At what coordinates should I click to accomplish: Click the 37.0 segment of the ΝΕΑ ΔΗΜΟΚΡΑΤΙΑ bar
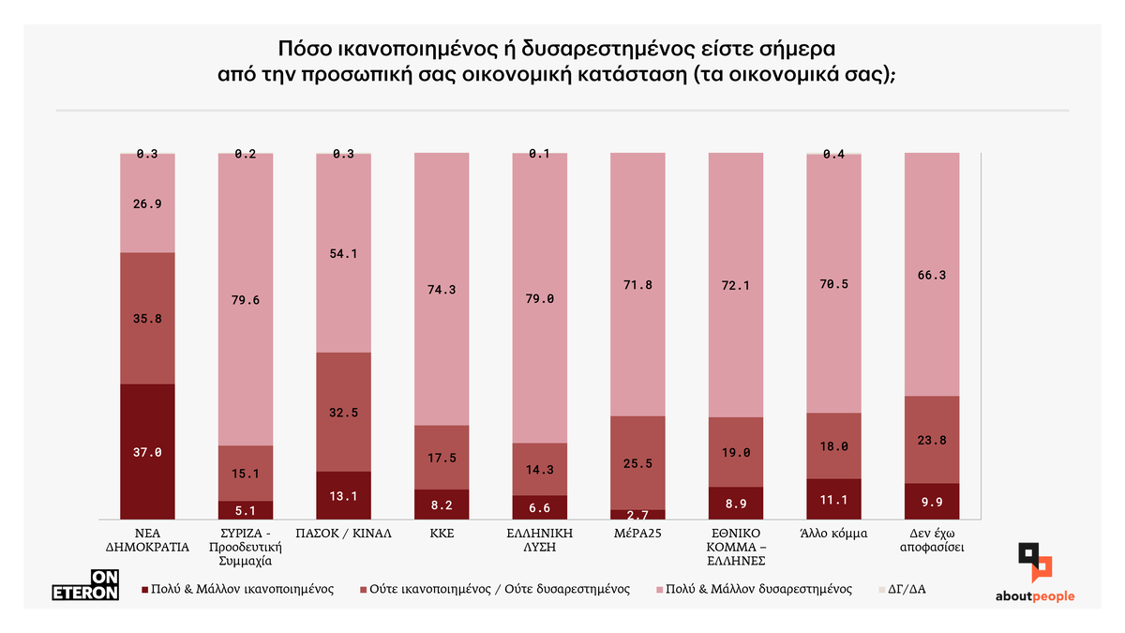point(148,451)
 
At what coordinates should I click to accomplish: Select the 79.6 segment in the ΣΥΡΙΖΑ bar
point(246,300)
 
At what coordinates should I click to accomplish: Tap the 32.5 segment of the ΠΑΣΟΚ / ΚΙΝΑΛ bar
point(343,412)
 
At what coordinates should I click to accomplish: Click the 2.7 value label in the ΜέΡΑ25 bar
point(637,514)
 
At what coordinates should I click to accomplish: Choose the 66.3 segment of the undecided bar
point(931,274)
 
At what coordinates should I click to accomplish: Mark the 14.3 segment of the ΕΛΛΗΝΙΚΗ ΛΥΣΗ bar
point(539,468)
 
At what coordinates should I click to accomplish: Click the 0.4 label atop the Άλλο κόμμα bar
point(833,154)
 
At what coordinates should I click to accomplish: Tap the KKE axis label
point(441,533)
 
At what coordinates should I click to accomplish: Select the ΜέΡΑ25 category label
point(637,533)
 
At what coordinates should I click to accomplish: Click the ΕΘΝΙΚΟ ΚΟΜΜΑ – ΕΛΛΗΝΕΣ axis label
point(735,547)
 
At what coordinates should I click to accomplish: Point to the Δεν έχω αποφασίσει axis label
point(931,539)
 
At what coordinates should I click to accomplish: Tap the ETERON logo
point(84,585)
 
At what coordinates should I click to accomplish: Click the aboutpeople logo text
point(1035,596)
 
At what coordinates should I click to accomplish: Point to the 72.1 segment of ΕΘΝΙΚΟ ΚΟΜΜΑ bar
point(735,284)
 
